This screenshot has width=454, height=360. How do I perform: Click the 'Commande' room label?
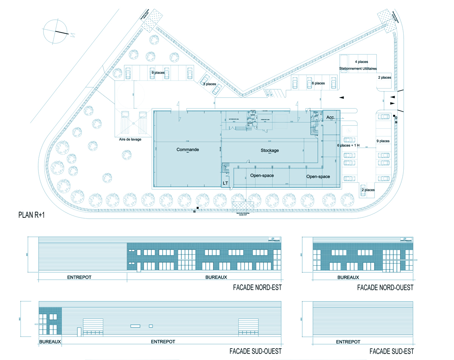[x=188, y=150]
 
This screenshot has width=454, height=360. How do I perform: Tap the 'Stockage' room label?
[x=270, y=151]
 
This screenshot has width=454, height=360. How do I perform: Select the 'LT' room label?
[x=226, y=183]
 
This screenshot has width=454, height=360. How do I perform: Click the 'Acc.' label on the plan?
[x=331, y=118]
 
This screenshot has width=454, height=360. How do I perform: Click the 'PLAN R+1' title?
[x=35, y=216]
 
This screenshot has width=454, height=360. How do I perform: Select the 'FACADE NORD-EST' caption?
[x=258, y=288]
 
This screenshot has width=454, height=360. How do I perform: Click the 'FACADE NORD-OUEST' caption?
[x=385, y=288]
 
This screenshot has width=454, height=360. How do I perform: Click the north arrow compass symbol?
[x=56, y=32]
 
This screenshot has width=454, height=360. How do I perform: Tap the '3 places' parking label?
[x=210, y=84]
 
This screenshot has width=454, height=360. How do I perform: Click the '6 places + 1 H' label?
[x=348, y=145]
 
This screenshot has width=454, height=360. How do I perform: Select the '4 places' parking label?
[x=361, y=61]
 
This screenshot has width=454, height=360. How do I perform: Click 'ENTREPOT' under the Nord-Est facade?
[x=79, y=277]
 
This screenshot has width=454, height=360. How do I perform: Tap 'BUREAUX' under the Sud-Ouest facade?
[x=50, y=341]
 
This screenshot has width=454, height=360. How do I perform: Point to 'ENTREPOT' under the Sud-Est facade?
[x=348, y=341]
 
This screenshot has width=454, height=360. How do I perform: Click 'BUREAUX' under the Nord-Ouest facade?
[x=348, y=277]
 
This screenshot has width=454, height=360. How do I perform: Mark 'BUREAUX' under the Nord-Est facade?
[x=216, y=277]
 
